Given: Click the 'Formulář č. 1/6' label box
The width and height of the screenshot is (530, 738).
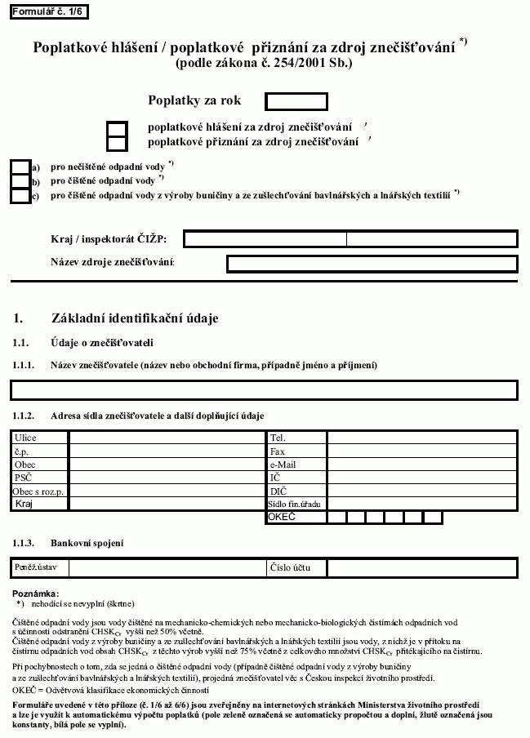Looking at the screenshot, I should pos(47,11).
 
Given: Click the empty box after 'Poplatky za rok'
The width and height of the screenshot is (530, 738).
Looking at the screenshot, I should pos(296,101).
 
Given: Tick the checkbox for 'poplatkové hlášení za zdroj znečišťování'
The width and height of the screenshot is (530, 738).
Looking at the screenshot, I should pos(118,128).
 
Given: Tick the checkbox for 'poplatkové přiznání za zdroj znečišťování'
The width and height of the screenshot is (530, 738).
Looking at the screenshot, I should pos(118,143).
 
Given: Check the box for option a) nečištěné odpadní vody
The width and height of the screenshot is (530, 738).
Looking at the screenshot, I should pos(20,167).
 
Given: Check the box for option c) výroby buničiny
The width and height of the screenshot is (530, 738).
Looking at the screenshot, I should pos(20,196).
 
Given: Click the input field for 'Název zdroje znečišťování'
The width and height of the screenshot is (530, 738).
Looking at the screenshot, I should pos(372,264).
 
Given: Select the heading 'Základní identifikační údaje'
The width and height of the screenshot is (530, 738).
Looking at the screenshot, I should pos(135,318).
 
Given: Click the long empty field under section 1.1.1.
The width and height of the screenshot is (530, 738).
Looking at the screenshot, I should pos(265,389).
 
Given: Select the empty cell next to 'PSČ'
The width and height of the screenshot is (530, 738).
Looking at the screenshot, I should pos(167,478).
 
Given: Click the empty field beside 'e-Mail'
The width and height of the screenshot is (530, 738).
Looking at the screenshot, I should pos(422,465).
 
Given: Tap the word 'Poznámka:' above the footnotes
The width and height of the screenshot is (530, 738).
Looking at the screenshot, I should pos(36,594).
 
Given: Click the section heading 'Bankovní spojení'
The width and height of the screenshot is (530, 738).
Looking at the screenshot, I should pos(87,543).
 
